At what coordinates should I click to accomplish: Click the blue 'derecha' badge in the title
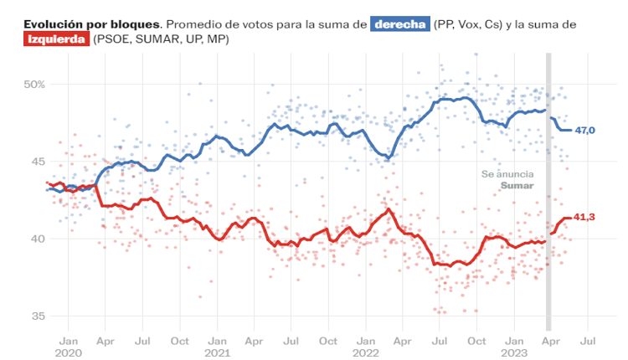(399, 24)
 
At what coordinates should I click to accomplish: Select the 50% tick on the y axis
(34, 85)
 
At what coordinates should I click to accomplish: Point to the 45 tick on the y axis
(37, 162)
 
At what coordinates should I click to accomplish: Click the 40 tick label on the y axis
(37, 239)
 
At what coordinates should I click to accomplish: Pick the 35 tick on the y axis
(37, 316)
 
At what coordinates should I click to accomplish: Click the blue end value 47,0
(585, 131)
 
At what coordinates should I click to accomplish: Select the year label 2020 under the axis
(69, 353)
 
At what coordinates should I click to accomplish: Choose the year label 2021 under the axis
(217, 353)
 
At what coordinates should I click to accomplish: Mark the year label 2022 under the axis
(365, 353)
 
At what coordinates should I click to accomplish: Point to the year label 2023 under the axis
(512, 353)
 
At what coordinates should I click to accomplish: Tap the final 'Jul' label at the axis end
(587, 341)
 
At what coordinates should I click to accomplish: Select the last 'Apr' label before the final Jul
(549, 341)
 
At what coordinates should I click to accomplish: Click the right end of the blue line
(571, 130)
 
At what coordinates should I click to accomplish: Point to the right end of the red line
(571, 218)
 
